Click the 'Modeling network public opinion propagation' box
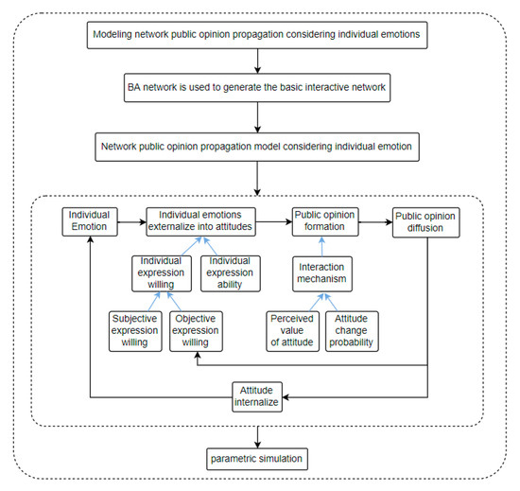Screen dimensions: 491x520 [x=257, y=37]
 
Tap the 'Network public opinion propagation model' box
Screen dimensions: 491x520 [x=257, y=148]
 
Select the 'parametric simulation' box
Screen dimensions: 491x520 [x=257, y=461]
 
